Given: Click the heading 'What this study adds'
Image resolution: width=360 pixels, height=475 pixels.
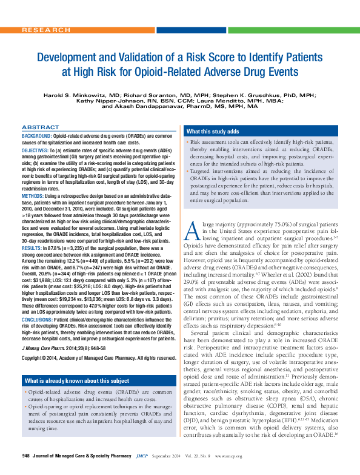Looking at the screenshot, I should point(213,132).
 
